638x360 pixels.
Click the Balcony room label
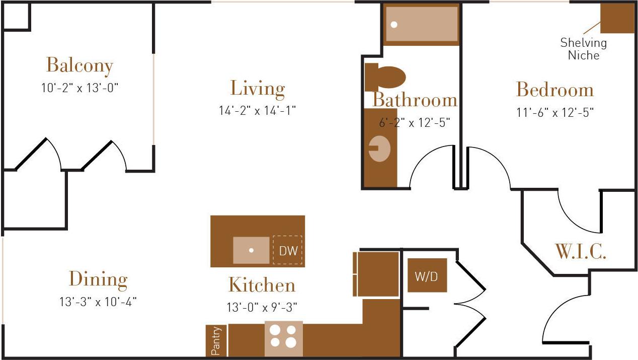pyautogui.click(x=79, y=65)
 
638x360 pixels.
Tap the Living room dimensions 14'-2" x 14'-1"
pyautogui.click(x=257, y=110)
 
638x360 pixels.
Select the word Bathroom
pyautogui.click(x=415, y=100)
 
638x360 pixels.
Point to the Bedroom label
pyautogui.click(x=555, y=90)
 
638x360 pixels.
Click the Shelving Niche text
pyautogui.click(x=584, y=49)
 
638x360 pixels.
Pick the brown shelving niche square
pyautogui.click(x=617, y=19)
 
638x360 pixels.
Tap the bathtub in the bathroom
pyautogui.click(x=422, y=24)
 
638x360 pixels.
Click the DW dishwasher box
pyautogui.click(x=288, y=250)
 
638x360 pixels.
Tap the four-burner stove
pyautogui.click(x=283, y=336)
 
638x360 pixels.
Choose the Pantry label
pyautogui.click(x=216, y=341)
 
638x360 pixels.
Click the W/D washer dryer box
pyautogui.click(x=427, y=275)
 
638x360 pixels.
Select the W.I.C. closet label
pyautogui.click(x=580, y=251)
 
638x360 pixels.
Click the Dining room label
pyautogui.click(x=98, y=279)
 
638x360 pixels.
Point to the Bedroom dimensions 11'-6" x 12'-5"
pyautogui.click(x=555, y=112)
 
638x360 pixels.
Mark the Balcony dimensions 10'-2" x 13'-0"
pyautogui.click(x=79, y=88)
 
